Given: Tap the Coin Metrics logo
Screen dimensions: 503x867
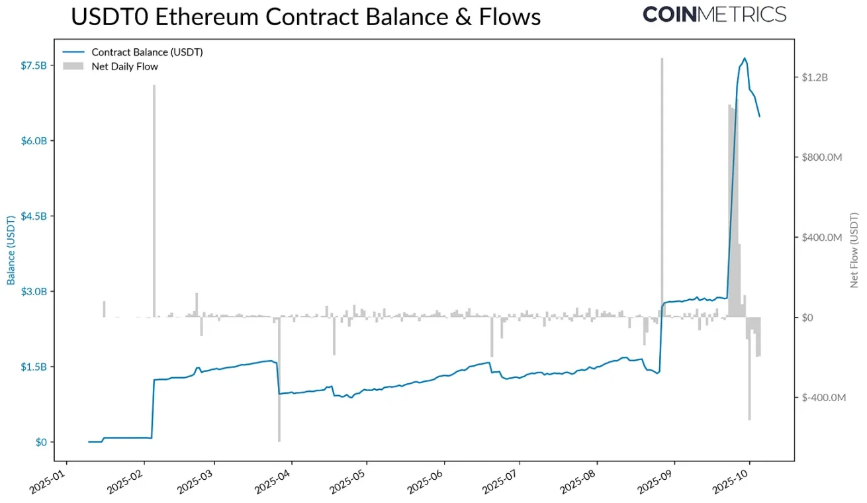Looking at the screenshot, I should pyautogui.click(x=715, y=14).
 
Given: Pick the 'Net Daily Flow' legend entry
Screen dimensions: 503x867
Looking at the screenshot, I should pyautogui.click(x=124, y=66).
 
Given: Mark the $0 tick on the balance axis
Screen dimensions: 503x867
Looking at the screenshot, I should pyautogui.click(x=40, y=442).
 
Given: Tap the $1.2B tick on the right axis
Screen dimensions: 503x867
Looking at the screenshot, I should pyautogui.click(x=815, y=77).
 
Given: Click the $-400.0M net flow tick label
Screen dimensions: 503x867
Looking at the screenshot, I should pyautogui.click(x=823, y=398).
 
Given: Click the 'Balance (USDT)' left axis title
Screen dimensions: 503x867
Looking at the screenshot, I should pyautogui.click(x=11, y=250).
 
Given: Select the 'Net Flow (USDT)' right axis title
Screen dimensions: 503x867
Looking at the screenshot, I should pyautogui.click(x=854, y=250).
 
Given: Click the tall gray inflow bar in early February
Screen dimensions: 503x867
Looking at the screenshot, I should pyautogui.click(x=154, y=199).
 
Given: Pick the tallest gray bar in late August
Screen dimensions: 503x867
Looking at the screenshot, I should pyautogui.click(x=662, y=185).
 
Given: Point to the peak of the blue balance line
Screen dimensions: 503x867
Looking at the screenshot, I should pyautogui.click(x=745, y=58).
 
